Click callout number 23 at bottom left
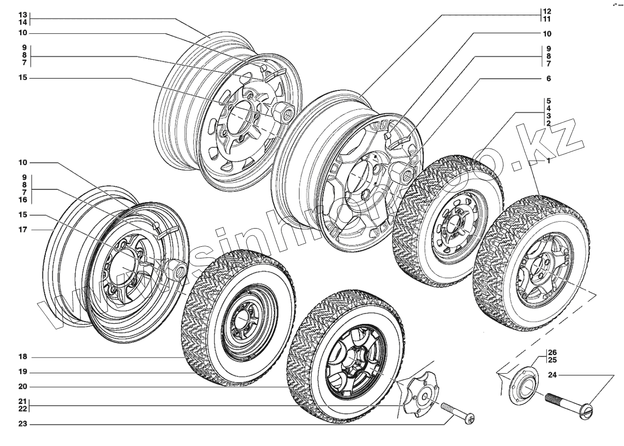point(22,425)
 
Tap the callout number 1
point(549,161)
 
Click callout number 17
point(22,230)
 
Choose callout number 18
point(22,357)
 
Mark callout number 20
point(22,387)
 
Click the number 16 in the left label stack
point(22,200)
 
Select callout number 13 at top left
point(22,15)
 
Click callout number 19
point(22,372)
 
